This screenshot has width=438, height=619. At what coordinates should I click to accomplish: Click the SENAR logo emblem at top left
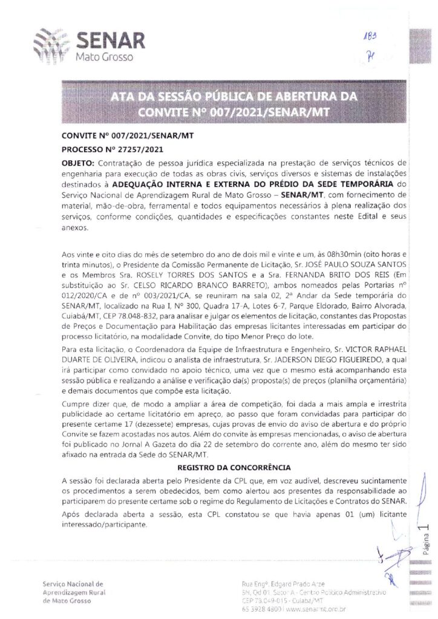(53, 45)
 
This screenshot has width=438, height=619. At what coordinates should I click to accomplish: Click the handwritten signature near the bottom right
(392, 559)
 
